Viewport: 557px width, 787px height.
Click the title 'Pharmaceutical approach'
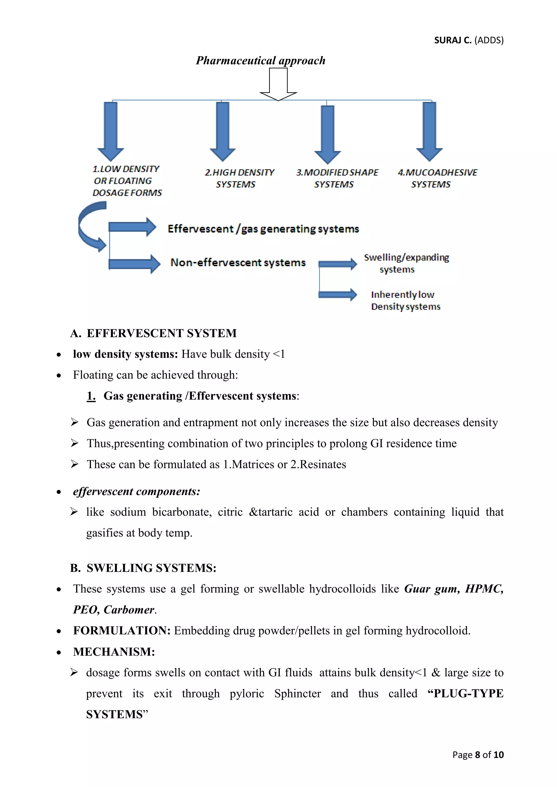[261, 61]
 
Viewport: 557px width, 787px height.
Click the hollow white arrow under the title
[278, 84]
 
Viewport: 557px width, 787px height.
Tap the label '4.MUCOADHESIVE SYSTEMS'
[437, 178]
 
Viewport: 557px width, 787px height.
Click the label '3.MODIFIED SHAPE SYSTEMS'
[337, 178]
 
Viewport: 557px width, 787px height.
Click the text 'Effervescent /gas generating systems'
[263, 229]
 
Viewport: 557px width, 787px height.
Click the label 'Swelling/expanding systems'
[406, 263]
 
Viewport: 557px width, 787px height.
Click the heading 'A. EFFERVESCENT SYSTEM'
[153, 333]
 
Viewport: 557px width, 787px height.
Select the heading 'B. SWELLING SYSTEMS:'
[143, 568]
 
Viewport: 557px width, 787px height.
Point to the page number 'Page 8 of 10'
[478, 754]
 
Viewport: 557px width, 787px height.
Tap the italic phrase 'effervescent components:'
[136, 491]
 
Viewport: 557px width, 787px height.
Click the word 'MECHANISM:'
[114, 652]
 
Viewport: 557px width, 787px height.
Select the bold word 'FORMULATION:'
[122, 631]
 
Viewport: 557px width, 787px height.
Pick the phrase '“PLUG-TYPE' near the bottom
[465, 694]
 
